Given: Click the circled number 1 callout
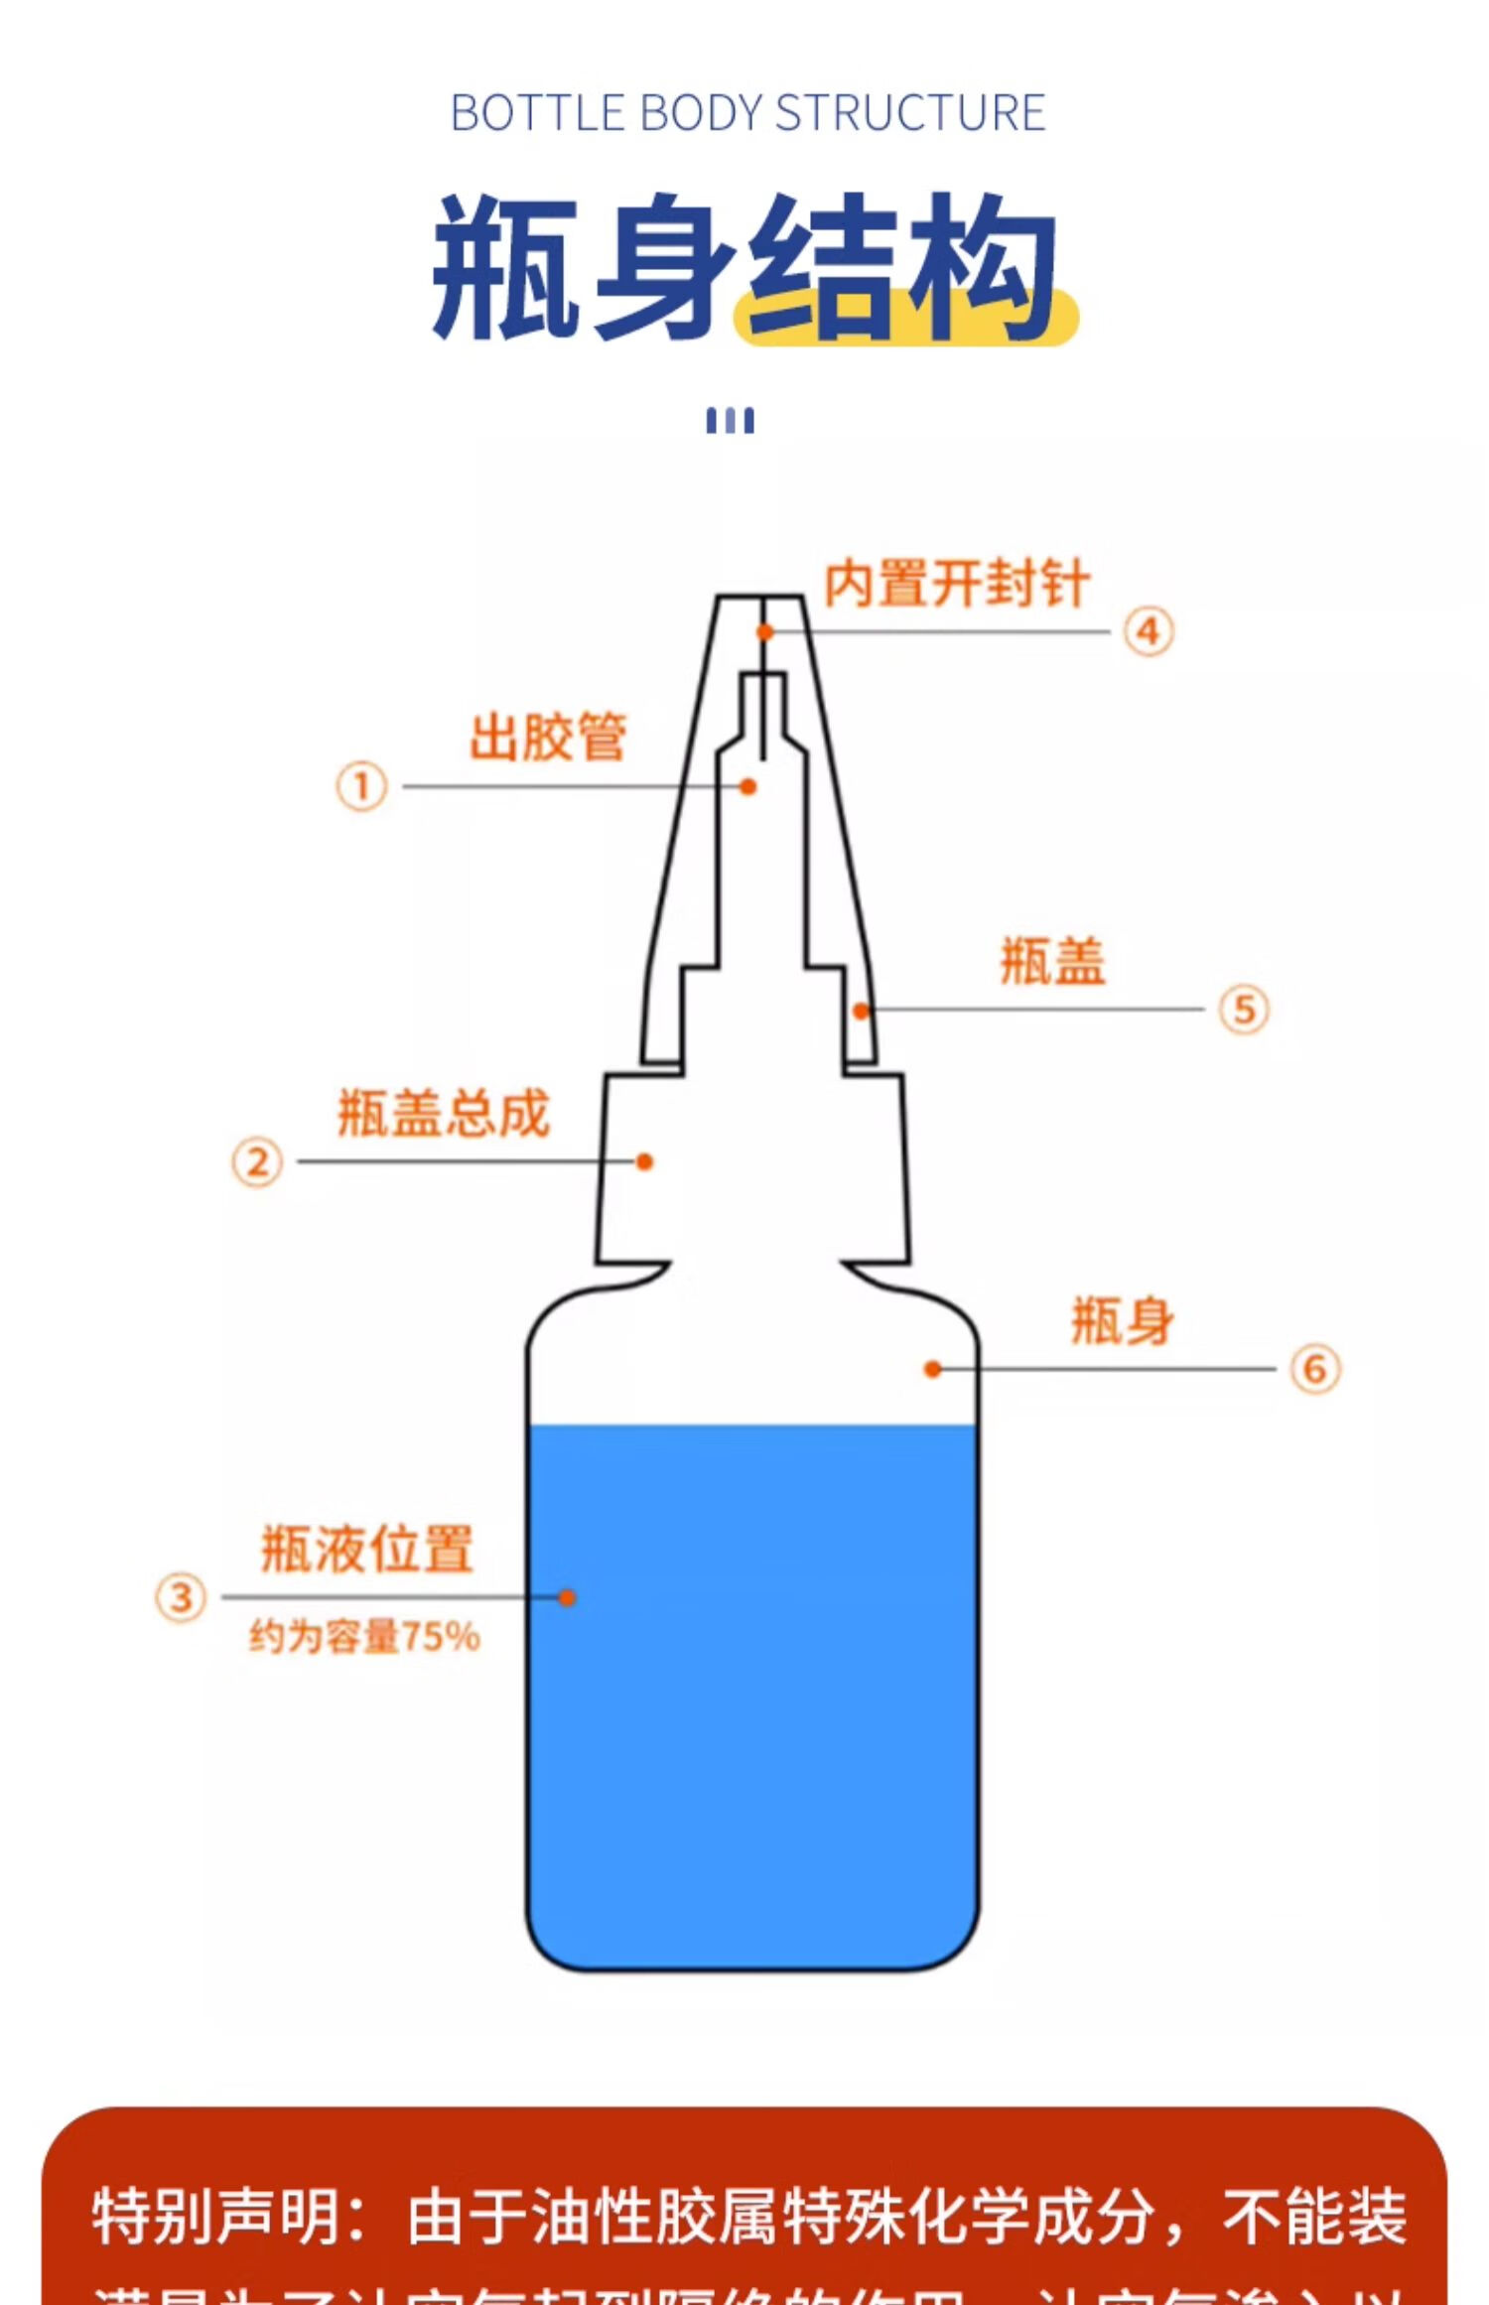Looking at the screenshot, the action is [361, 786].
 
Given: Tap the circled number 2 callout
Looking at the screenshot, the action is [257, 1161].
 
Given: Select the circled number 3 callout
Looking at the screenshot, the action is [181, 1597].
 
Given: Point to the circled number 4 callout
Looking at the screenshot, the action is [1149, 631].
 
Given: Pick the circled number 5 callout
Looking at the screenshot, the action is [1244, 1010].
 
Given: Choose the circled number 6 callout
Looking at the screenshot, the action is [1314, 1369].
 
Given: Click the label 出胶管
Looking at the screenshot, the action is [548, 737].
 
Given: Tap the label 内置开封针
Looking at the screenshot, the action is [957, 583].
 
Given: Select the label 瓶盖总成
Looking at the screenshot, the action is [443, 1113].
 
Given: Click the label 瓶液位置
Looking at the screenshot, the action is [367, 1549].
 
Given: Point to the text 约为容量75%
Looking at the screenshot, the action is [364, 1636].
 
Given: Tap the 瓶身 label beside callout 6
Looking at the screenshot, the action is [1123, 1321].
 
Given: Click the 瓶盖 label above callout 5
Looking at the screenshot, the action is [1052, 961].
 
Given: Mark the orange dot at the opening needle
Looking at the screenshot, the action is [764, 631].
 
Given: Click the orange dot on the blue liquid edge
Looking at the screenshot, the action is [567, 1597].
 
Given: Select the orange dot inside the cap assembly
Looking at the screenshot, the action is [644, 1161].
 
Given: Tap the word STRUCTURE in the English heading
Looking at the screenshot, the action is [909, 113].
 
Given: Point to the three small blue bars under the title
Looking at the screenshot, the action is [730, 421].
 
